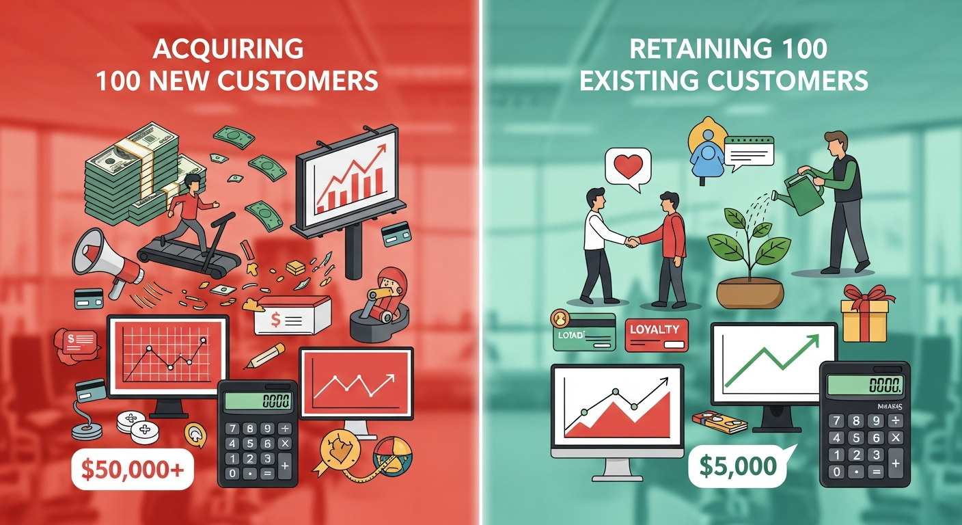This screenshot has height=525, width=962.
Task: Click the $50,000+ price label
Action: pos(133,469)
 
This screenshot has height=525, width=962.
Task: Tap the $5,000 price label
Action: pos(738,466)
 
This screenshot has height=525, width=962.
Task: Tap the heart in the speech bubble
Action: pos(628,167)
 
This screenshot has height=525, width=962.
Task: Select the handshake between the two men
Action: pos(632,241)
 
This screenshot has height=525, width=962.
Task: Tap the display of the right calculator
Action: pos(864,386)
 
